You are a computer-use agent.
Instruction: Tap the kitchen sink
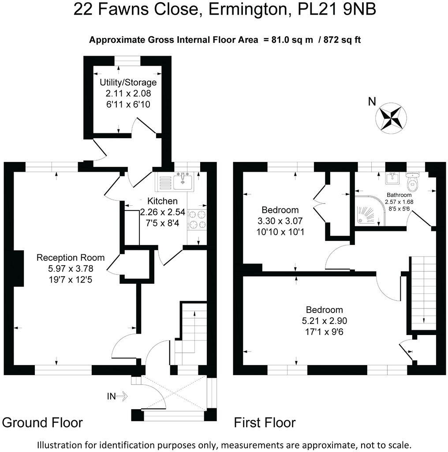pos(183,181)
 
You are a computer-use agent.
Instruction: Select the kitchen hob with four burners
pos(197,219)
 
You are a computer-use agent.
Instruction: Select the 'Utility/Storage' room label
pos(128,83)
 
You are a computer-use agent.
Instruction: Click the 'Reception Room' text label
pos(71,258)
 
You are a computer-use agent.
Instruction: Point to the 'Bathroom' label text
pos(399,195)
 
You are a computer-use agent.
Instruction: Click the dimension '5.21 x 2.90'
pos(324,320)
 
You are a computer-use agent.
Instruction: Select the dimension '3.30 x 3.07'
pos(280,220)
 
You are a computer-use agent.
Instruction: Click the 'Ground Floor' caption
pos(42,422)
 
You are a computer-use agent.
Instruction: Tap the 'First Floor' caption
pos(265,422)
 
